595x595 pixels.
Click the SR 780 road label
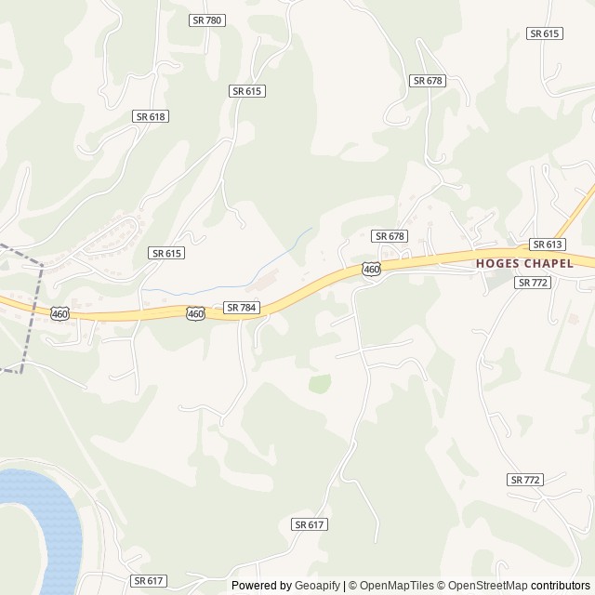click(207, 20)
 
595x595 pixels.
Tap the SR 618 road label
click(150, 116)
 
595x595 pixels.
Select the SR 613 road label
click(548, 244)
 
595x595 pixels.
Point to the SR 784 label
click(240, 307)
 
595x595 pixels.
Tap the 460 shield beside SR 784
click(195, 314)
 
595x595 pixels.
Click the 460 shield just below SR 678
click(371, 269)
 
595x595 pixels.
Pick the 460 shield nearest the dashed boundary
click(59, 314)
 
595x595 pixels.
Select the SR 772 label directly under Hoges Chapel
click(534, 282)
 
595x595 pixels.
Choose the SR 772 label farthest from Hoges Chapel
click(525, 480)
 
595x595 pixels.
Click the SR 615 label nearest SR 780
click(247, 90)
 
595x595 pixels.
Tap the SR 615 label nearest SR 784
click(165, 253)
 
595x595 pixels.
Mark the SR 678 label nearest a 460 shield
click(389, 236)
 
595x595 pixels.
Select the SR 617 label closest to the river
click(149, 580)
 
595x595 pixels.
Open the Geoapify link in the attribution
click(318, 586)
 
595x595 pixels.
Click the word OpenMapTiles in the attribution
click(396, 586)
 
